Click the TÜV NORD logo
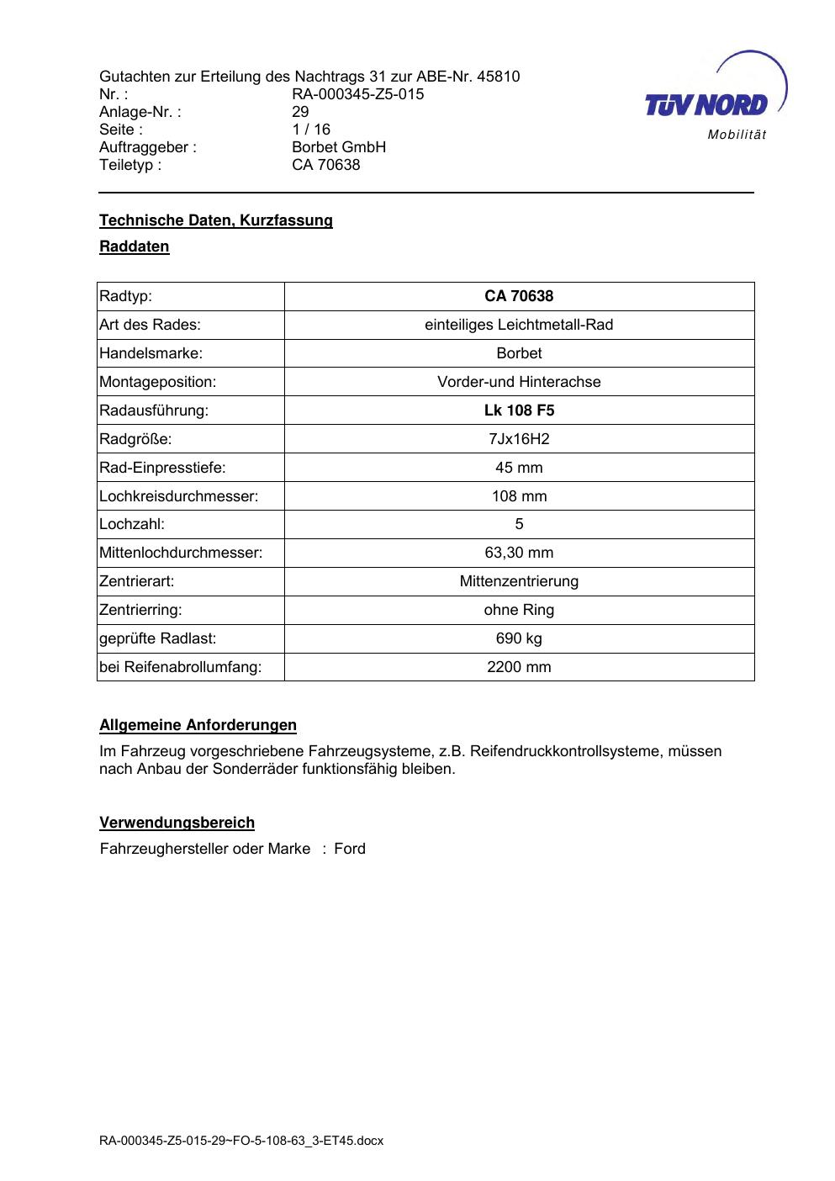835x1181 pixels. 715,99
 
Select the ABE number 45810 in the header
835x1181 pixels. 498,77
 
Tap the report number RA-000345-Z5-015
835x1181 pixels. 357,94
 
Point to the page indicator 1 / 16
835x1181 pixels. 311,130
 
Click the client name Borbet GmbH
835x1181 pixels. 339,147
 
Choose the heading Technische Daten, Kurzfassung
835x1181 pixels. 216,220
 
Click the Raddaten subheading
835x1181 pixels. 135,246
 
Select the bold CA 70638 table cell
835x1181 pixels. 519,296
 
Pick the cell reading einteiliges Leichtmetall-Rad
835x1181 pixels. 519,325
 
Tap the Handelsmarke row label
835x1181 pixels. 151,353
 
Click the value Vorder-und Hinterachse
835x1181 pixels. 519,382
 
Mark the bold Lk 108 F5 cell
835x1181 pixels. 519,410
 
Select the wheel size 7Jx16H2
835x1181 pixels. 519,439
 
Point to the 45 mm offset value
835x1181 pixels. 519,468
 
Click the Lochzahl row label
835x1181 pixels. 132,524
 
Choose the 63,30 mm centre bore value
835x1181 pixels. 519,553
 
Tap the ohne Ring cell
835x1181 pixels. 519,610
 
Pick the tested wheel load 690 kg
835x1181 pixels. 519,638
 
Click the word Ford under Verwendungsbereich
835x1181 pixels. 350,849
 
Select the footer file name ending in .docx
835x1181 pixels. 241,1141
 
